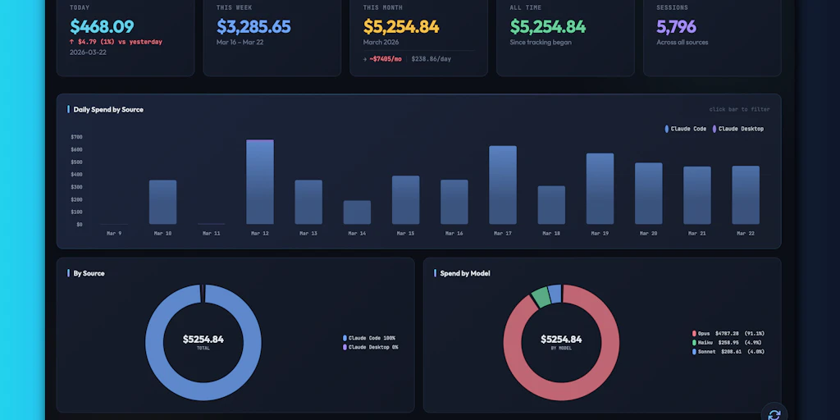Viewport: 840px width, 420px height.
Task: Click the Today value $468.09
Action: point(102,27)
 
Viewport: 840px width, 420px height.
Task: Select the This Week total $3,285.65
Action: point(253,27)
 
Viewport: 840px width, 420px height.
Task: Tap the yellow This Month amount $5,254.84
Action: point(401,27)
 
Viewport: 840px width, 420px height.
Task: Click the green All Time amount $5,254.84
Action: point(547,27)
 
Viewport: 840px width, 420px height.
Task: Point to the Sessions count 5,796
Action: point(676,27)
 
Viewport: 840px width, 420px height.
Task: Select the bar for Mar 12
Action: point(260,182)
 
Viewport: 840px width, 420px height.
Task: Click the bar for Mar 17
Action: point(503,185)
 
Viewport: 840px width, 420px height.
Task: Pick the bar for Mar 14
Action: point(357,212)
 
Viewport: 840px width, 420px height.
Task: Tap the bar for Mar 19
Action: point(600,189)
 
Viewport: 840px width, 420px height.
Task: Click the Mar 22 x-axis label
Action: point(745,234)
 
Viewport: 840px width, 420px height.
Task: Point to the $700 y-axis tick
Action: point(76,137)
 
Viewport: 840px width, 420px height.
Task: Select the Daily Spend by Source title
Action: point(108,109)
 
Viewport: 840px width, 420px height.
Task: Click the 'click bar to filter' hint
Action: point(739,109)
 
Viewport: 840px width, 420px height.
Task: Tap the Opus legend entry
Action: point(728,333)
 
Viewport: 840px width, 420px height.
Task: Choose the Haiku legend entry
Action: point(728,342)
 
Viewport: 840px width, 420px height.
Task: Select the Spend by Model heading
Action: point(464,273)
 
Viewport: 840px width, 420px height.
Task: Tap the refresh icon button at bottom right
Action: point(773,413)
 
